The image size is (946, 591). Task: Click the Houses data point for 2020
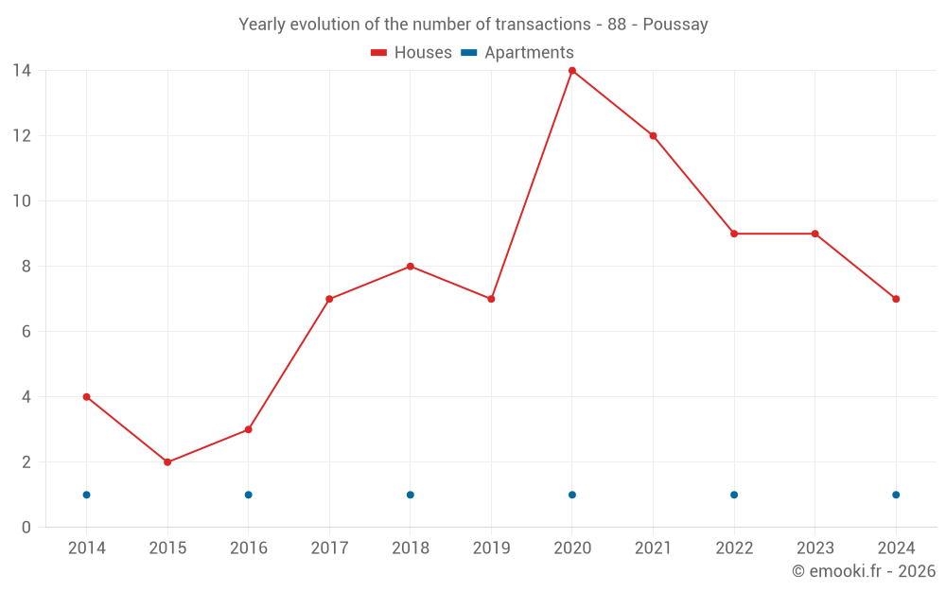(x=572, y=71)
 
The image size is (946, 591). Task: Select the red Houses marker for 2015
(x=167, y=462)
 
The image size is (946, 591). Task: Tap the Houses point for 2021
(x=653, y=136)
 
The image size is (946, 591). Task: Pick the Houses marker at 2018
(x=411, y=267)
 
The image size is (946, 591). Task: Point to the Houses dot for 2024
(x=896, y=299)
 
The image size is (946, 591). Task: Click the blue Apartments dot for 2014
(x=86, y=495)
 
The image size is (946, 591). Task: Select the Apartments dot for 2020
(x=572, y=495)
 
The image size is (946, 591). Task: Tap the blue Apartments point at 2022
(x=734, y=495)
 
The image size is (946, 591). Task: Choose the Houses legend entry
(x=412, y=53)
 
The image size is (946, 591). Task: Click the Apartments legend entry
(x=517, y=53)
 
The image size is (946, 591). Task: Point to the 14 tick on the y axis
(x=21, y=71)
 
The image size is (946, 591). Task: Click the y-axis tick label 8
(x=26, y=267)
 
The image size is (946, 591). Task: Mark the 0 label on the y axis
(x=26, y=528)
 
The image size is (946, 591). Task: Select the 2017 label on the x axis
(x=329, y=548)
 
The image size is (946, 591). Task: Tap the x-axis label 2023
(x=815, y=548)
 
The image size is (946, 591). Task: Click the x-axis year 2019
(x=491, y=548)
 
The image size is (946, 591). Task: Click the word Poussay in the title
(x=675, y=25)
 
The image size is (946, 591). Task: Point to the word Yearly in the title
(x=262, y=25)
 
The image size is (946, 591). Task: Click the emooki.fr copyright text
(x=864, y=571)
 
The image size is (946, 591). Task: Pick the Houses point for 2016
(x=249, y=429)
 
